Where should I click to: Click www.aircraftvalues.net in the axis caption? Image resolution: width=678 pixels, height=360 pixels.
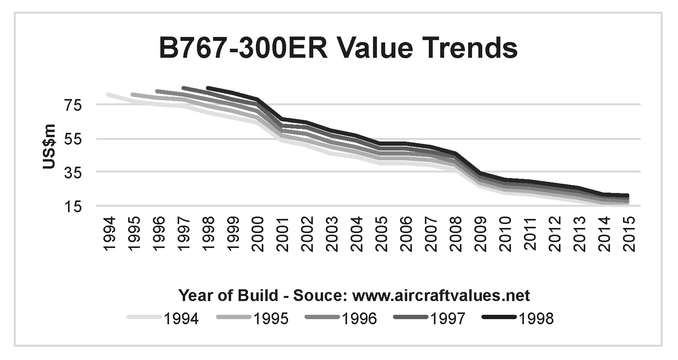tap(441, 295)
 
